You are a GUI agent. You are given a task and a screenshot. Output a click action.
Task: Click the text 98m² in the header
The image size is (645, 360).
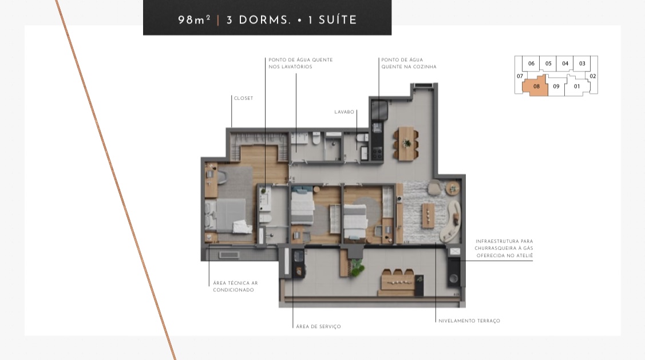tap(195, 20)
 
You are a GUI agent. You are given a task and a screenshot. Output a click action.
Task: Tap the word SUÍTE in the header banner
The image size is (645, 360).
tap(337, 20)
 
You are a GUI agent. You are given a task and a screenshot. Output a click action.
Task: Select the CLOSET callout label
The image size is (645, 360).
tap(243, 98)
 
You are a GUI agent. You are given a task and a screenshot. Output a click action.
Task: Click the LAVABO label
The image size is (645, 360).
tap(345, 112)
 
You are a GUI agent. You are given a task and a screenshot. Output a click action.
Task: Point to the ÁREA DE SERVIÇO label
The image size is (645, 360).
tap(318, 327)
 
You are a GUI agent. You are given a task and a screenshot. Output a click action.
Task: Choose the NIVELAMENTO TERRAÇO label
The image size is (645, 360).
tap(469, 321)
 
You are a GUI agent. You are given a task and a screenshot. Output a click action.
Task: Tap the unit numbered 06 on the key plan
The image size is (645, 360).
tap(532, 64)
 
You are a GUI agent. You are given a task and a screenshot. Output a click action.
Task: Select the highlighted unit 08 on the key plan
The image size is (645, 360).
tap(536, 87)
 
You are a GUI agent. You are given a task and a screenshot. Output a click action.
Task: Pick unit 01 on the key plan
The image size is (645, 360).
tap(577, 87)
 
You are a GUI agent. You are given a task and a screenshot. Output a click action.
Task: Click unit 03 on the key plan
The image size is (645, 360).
tap(582, 64)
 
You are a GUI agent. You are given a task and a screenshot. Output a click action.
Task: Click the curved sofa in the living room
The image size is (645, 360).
tap(450, 222)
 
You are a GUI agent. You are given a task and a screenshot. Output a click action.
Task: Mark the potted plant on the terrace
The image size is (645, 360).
tap(357, 267)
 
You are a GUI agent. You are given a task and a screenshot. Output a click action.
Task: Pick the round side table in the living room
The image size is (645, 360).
tap(453, 187)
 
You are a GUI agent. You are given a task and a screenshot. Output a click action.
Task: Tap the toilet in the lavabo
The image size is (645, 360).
tap(362, 139)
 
